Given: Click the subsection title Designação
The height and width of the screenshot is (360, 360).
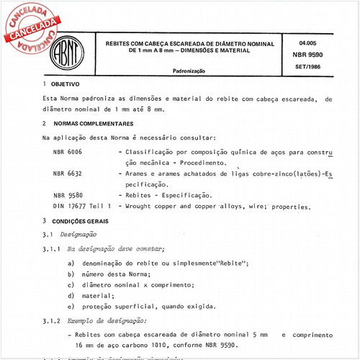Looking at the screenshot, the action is point(79,235).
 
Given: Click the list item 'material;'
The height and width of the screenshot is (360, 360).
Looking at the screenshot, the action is point(102,294).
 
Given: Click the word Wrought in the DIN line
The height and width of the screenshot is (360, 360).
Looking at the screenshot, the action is point(140,206).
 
